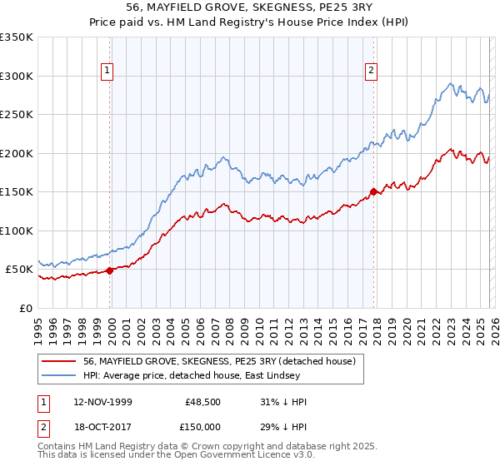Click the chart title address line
coord(249,7)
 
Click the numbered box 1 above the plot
coord(108,71)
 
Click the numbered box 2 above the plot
coord(371,71)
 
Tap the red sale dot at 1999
coord(110,270)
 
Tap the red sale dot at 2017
coord(372,192)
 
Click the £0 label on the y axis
coord(25,308)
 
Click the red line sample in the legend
coord(58,361)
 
